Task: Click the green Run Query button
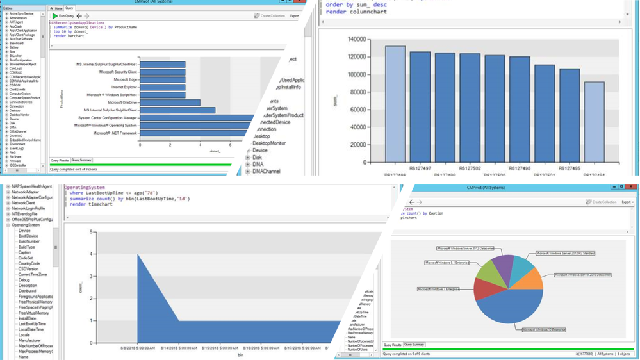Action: [63, 15]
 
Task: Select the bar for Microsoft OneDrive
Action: [169, 102]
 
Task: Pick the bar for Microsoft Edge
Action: [161, 79]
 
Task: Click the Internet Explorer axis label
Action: [123, 87]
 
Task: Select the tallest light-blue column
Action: [395, 102]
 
